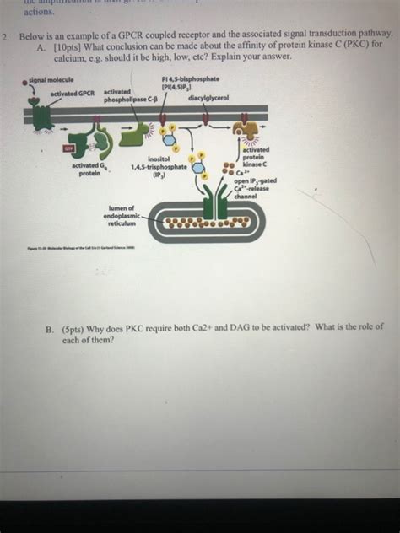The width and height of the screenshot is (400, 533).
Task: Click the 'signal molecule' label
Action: click(x=49, y=78)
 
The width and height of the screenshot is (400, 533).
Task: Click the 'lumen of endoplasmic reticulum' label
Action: click(x=118, y=215)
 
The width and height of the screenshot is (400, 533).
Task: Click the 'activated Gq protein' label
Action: click(x=89, y=170)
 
